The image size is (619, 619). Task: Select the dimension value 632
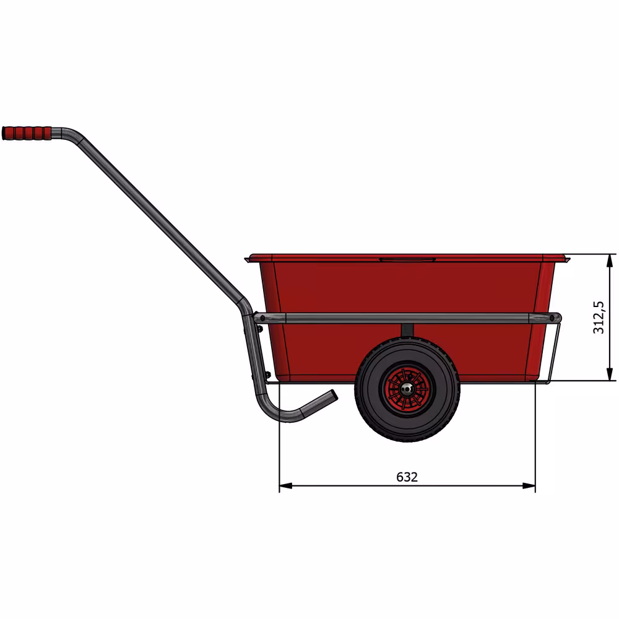click(407, 477)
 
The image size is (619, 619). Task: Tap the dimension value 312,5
click(599, 317)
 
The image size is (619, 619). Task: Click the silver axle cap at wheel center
click(407, 388)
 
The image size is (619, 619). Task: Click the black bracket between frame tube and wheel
click(407, 332)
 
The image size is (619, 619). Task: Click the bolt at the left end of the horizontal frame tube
click(262, 318)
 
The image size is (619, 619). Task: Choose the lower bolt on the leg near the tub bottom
click(267, 374)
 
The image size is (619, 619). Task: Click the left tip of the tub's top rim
click(247, 257)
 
